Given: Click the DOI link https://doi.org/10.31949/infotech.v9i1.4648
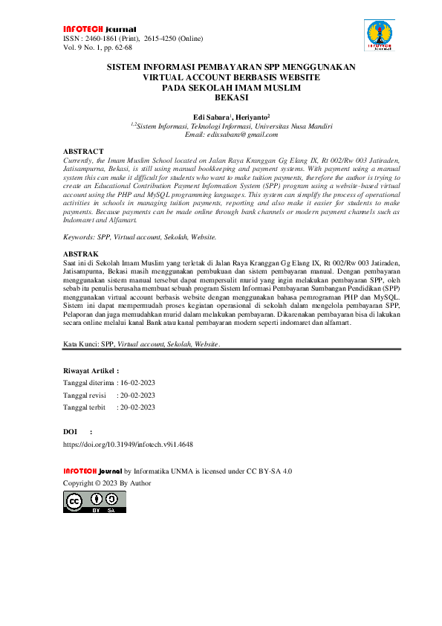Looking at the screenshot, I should click(128, 444).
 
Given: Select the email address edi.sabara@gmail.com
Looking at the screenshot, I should click(230, 135).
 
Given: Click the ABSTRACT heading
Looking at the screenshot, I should click(83, 151).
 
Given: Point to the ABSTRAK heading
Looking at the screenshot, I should click(81, 254).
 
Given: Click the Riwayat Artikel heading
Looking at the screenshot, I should click(91, 370).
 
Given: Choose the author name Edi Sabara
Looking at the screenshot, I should click(212, 117).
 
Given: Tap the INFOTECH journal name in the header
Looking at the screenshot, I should click(89, 29).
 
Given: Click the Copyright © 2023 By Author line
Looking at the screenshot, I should click(107, 483).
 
